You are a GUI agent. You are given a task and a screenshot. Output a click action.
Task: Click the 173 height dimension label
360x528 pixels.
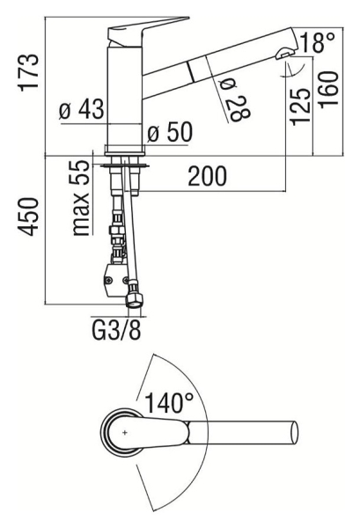(29, 72)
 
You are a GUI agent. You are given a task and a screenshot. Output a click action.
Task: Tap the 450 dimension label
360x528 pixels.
(28, 216)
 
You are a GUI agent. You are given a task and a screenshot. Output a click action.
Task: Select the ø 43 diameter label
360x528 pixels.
(81, 109)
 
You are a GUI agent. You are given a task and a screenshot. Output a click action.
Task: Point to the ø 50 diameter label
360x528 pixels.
(170, 131)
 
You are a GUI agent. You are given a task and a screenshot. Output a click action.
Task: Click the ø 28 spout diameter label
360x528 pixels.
(235, 99)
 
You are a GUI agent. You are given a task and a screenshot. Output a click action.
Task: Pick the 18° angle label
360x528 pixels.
(318, 42)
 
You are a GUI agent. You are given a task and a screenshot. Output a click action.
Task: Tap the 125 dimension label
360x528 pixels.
(300, 106)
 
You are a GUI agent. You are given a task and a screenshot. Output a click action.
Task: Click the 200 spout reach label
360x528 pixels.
(207, 176)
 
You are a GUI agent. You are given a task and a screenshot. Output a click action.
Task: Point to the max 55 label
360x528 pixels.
(81, 198)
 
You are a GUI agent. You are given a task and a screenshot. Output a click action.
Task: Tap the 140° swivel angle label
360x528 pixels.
(169, 403)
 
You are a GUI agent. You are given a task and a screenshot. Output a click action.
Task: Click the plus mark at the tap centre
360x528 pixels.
(125, 433)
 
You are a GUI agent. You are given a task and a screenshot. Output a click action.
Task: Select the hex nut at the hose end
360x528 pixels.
(135, 296)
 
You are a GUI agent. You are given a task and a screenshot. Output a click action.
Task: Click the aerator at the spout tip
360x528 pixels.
(285, 53)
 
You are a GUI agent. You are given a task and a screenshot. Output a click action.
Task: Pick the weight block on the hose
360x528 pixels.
(115, 280)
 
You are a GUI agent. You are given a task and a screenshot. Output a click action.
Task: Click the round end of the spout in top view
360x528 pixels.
(294, 433)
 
